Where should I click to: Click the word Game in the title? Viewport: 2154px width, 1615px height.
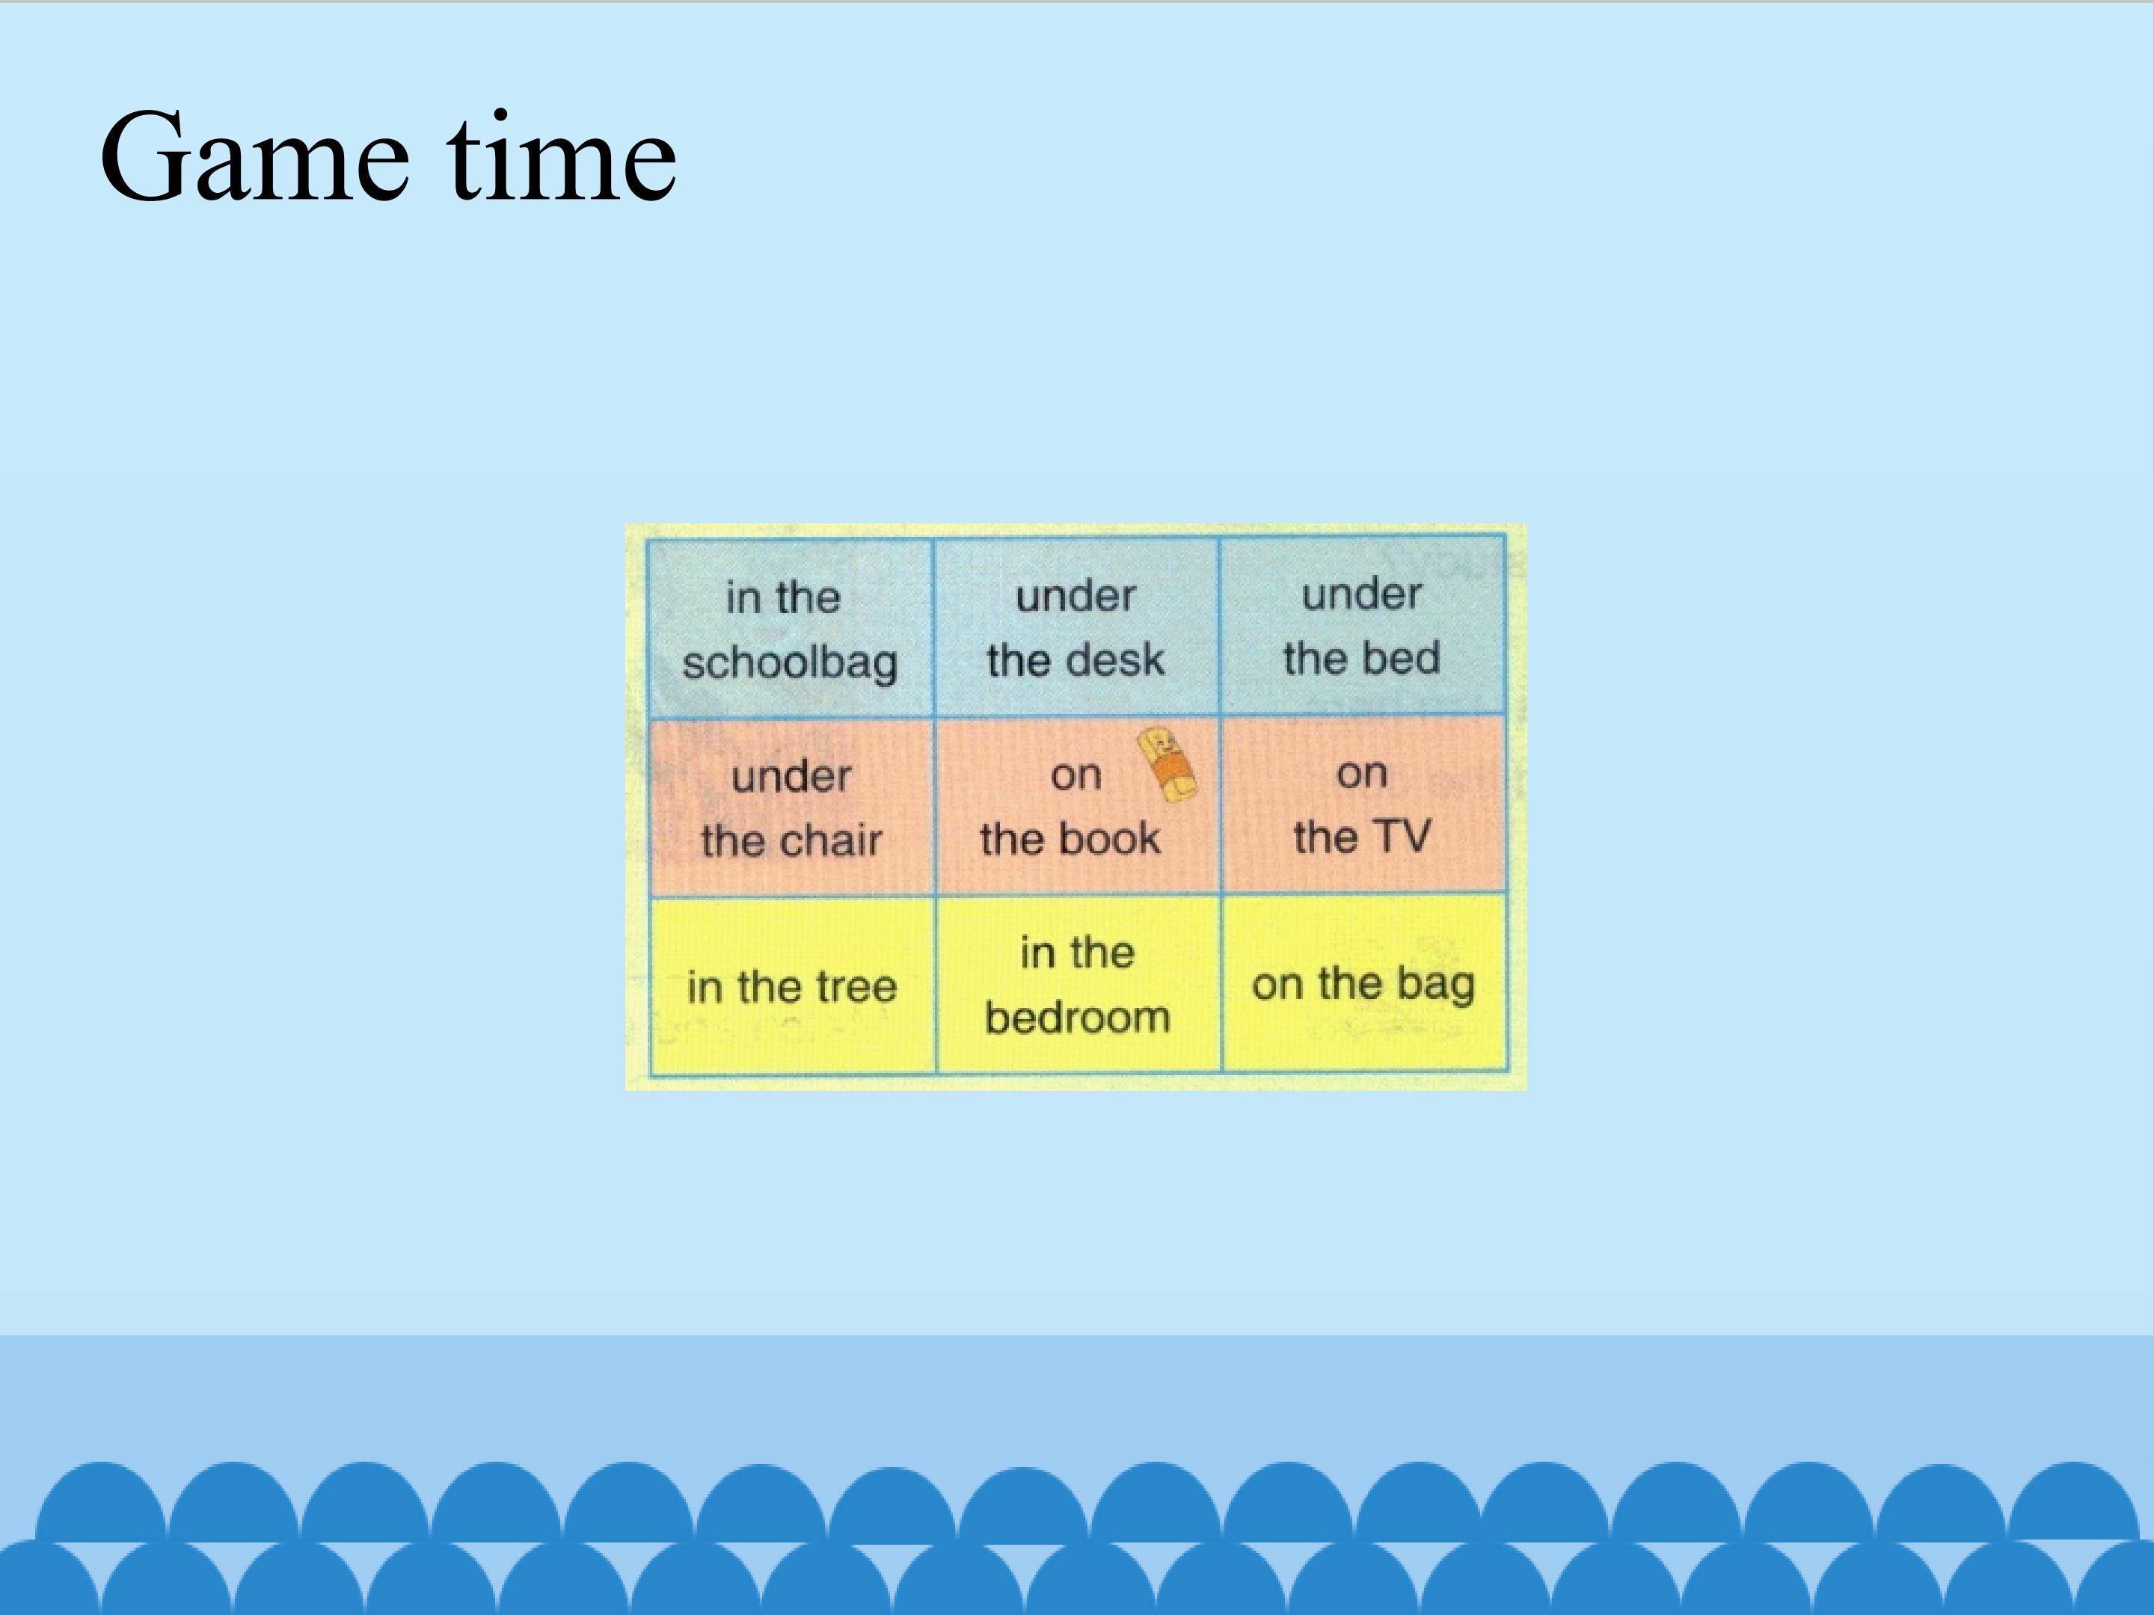[254, 158]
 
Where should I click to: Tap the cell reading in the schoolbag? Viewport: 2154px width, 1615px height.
[790, 628]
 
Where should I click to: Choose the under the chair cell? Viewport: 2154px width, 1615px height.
[791, 807]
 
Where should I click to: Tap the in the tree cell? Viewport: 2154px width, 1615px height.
[792, 986]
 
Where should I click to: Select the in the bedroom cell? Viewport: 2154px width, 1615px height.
[1078, 984]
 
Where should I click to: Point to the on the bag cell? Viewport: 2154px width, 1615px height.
[1363, 983]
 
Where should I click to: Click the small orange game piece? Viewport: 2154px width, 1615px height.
[1167, 765]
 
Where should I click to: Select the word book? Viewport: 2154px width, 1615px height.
[1111, 838]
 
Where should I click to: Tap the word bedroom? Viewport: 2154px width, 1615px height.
[1077, 1018]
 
